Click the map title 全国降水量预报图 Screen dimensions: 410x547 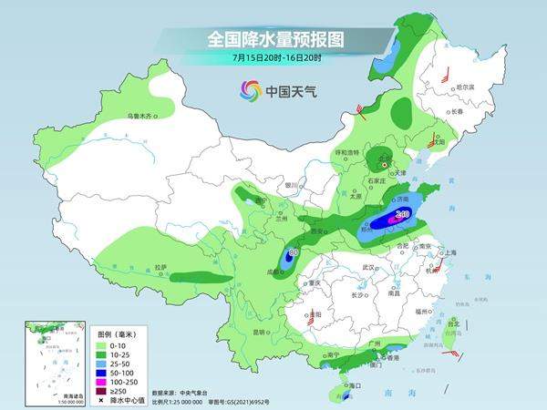pyautogui.click(x=273, y=40)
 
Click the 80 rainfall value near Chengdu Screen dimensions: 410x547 pyautogui.click(x=293, y=252)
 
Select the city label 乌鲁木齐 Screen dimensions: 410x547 pyautogui.click(x=142, y=117)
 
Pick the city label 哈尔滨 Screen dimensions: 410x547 pyautogui.click(x=467, y=87)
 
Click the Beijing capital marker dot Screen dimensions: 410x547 pyautogui.click(x=384, y=165)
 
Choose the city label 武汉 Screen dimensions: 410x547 pyautogui.click(x=368, y=267)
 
